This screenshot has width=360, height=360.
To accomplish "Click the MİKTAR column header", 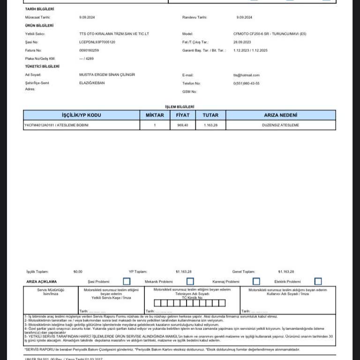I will (x=155, y=115).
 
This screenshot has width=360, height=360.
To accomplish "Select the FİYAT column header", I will (x=182, y=115).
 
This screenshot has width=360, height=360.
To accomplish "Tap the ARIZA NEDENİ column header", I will (x=280, y=115).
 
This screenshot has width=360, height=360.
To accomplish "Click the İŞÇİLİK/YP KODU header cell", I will (x=81, y=115).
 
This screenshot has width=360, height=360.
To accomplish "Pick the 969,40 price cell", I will (x=182, y=125).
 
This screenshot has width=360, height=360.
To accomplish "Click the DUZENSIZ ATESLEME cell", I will (x=280, y=125).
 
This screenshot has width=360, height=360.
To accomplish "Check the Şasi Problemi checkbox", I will (x=127, y=281).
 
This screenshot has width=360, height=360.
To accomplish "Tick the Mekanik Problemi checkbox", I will (x=190, y=281).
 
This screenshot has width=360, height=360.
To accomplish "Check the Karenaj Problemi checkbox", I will (x=256, y=281).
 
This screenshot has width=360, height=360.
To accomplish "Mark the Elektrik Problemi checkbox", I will (x=318, y=281).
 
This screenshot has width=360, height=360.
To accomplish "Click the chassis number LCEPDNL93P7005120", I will (x=97, y=42).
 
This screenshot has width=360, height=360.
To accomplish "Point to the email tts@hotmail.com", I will (x=246, y=75).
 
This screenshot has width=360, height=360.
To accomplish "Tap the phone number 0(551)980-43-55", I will (x=246, y=83).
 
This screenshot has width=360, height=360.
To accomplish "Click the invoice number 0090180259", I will (x=89, y=50).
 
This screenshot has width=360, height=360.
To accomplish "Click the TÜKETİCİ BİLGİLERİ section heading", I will (x=42, y=67).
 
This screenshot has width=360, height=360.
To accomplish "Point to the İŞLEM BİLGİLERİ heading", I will (x=180, y=107).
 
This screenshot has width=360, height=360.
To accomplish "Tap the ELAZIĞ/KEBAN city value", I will (x=92, y=83).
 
